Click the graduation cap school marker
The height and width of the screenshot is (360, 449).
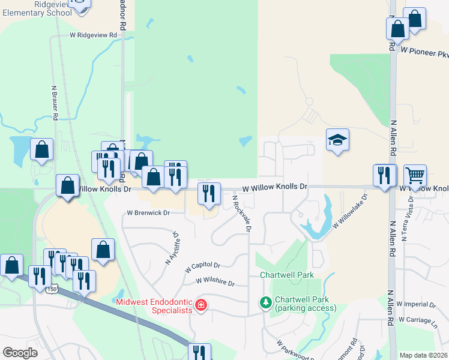click(337, 140)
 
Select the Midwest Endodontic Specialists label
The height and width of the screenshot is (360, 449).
click(154, 306)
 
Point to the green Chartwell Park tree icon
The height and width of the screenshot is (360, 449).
click(265, 302)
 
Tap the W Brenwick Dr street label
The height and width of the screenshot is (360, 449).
click(148, 213)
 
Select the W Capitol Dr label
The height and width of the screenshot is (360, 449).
click(203, 265)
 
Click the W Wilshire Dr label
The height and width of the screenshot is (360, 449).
click(214, 281)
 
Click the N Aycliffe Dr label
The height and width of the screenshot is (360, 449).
click(172, 248)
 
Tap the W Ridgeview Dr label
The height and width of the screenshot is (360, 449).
click(93, 35)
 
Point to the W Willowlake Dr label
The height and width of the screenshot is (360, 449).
click(349, 209)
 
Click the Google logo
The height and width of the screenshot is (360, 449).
click(20, 352)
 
